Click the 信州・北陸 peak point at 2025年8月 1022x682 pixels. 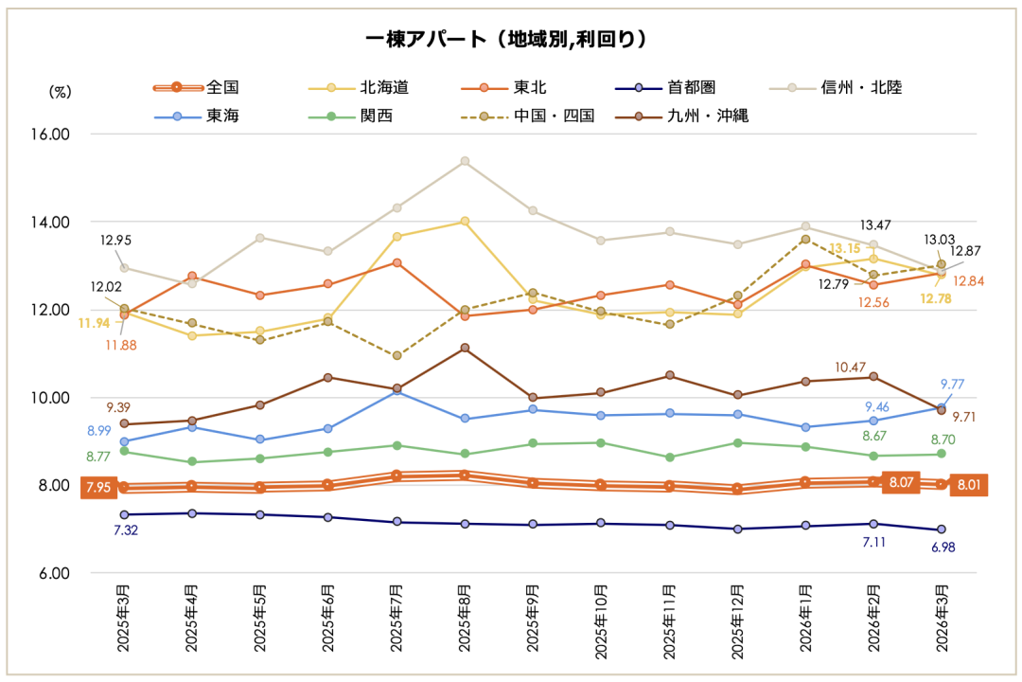click(465, 161)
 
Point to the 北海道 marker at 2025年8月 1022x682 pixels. click(465, 222)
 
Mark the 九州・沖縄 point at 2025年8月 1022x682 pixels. click(465, 348)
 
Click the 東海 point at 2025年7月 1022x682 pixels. click(396, 391)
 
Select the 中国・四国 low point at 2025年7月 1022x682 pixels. click(396, 356)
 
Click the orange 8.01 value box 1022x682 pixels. click(968, 486)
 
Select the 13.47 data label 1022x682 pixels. click(875, 224)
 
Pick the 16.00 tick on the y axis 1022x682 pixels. click(55, 135)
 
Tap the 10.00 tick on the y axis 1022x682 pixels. click(55, 398)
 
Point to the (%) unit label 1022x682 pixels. click(60, 92)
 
